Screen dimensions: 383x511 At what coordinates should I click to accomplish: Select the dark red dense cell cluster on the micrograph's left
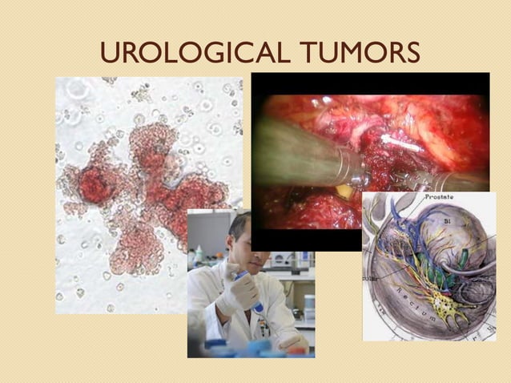point(94,186)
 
